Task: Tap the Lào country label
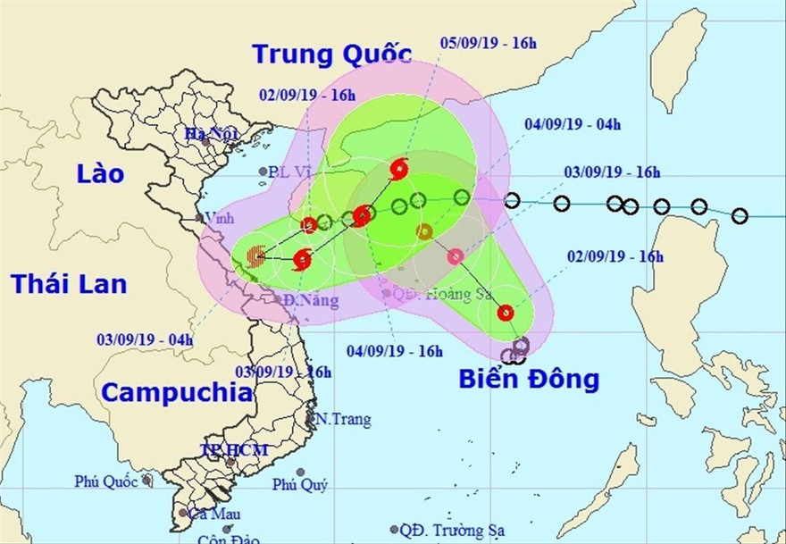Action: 100,173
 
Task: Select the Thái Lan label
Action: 69,284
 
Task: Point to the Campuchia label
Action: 176,392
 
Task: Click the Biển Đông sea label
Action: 529,379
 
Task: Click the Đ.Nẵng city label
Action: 312,301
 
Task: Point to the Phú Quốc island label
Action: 107,481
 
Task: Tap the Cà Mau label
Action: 209,514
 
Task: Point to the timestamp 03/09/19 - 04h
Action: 145,339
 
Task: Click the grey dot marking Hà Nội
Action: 206,141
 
